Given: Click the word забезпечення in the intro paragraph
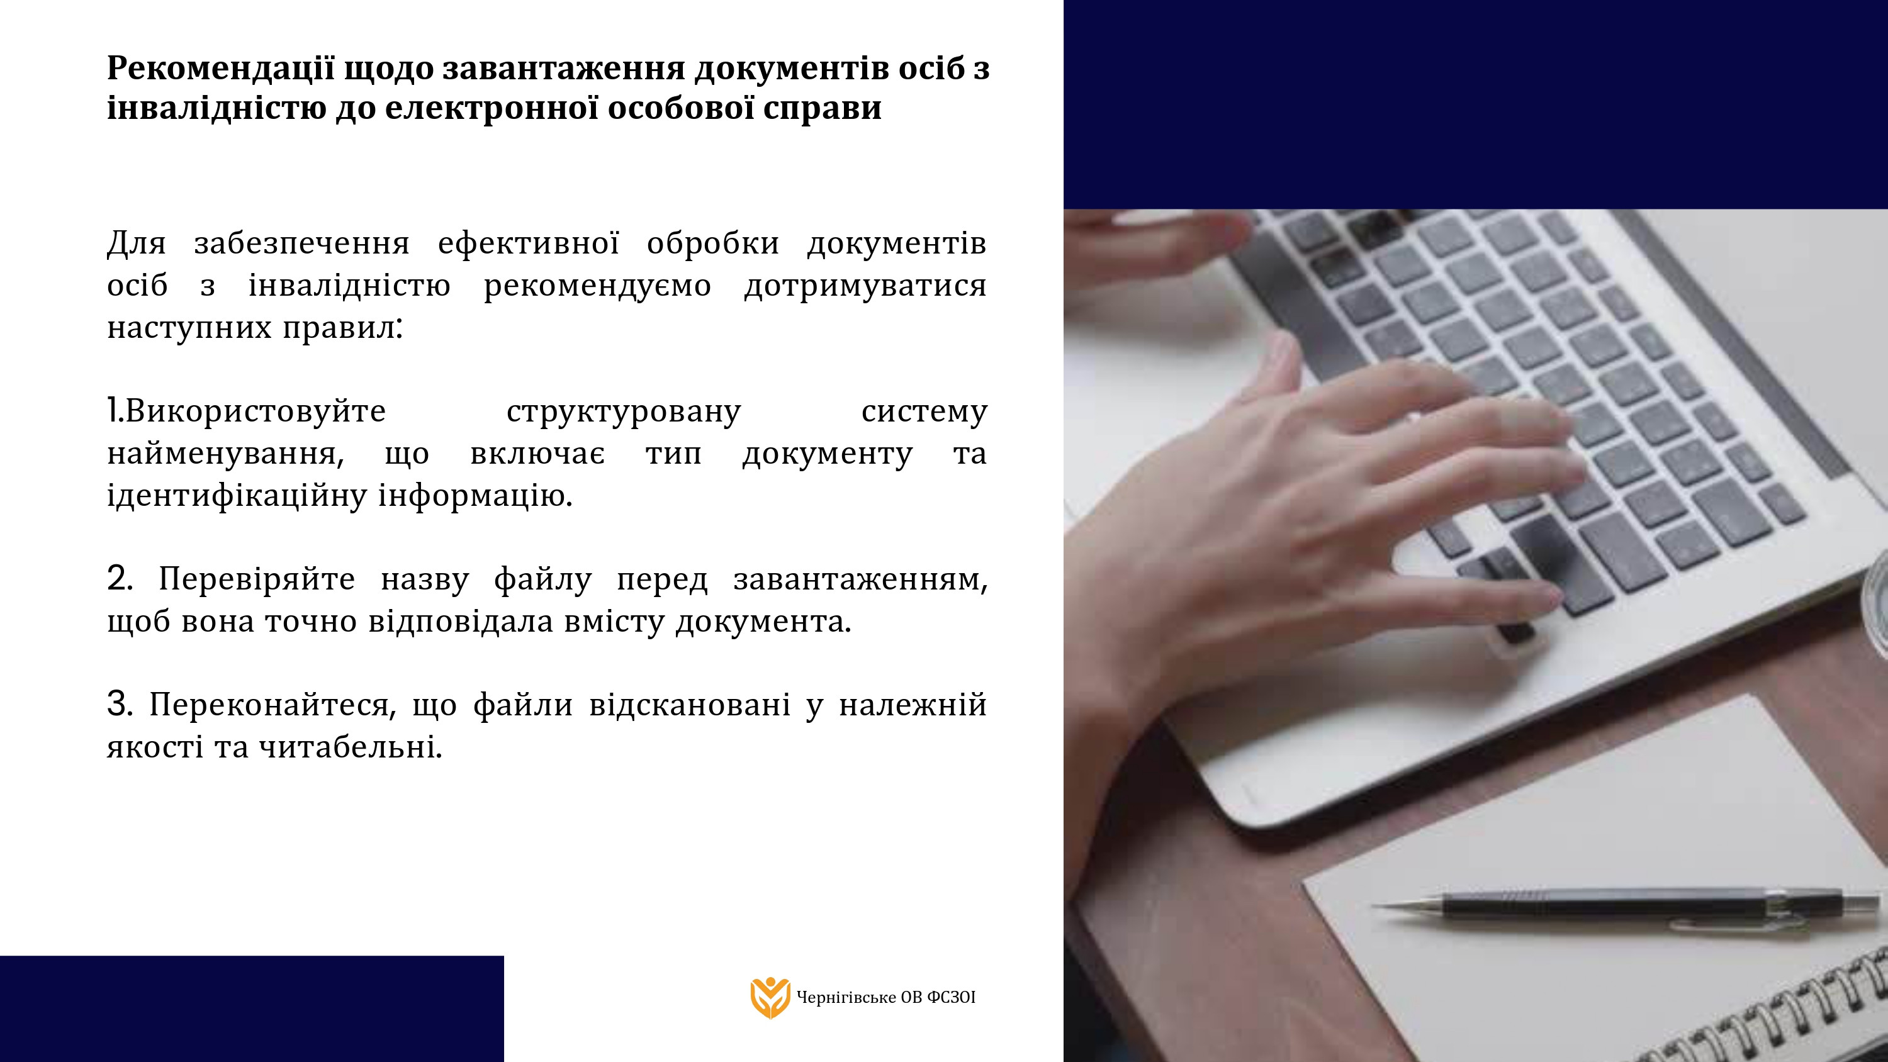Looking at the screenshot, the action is tap(302, 244).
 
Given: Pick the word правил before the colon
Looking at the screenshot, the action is tap(339, 328).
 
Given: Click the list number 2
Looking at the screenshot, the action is tap(118, 578).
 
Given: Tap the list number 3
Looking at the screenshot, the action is tap(118, 705).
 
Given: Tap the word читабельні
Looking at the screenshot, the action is tap(351, 747).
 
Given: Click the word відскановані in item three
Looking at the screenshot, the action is tap(690, 705).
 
